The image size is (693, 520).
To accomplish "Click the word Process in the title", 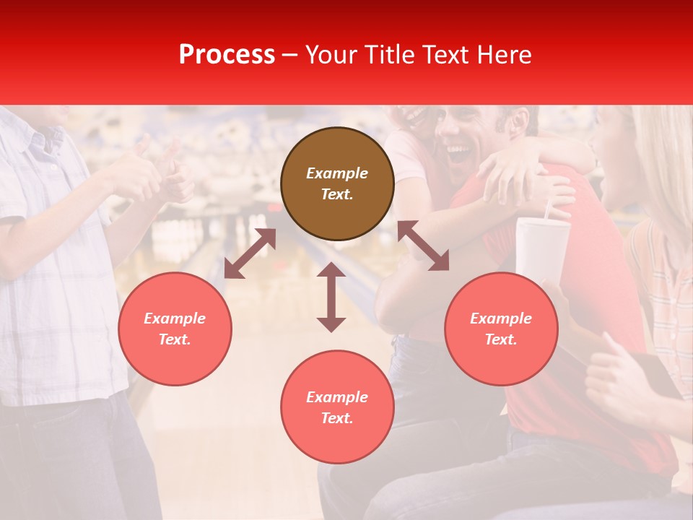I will [227, 55].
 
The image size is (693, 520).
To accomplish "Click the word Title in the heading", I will [389, 55].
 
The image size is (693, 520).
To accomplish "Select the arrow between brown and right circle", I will [423, 246].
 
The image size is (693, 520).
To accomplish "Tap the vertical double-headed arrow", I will [331, 297].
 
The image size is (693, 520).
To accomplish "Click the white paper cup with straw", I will [541, 249].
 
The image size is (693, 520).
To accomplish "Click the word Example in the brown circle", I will [337, 173].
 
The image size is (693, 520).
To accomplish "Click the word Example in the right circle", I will [501, 318].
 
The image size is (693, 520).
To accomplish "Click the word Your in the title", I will [331, 55].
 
